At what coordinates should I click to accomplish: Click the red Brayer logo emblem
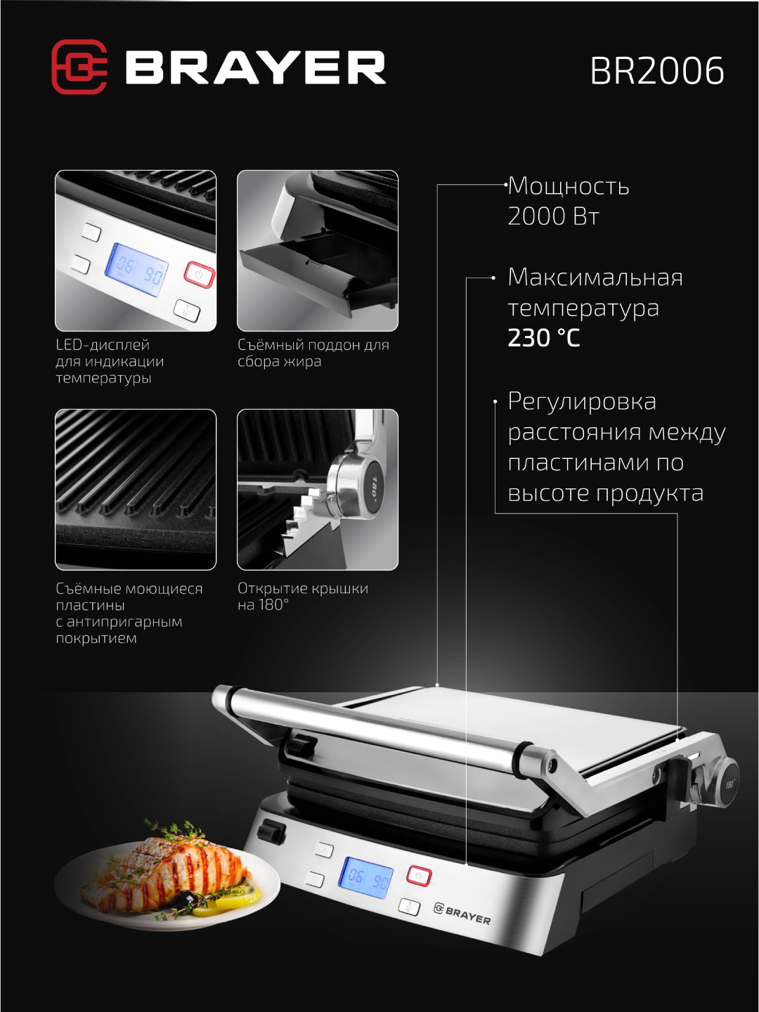[x=79, y=67]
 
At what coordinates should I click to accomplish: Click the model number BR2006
[x=656, y=71]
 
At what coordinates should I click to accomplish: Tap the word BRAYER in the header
[x=256, y=68]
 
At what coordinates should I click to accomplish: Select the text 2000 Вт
[x=553, y=216]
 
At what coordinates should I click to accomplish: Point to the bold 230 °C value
[x=544, y=338]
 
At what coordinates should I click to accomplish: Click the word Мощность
[x=569, y=186]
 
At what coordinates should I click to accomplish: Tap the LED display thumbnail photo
[x=136, y=251]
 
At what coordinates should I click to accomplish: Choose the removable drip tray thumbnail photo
[x=318, y=251]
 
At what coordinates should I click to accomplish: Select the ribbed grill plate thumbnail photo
[x=136, y=489]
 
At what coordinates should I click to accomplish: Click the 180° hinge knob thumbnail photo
[x=318, y=489]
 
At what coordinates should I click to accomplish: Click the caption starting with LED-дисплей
[x=110, y=361]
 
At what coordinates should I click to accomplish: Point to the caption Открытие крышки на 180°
[x=302, y=597]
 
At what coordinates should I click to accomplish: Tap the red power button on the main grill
[x=419, y=876]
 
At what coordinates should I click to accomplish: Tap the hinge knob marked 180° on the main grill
[x=727, y=784]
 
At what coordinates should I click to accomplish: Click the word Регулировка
[x=582, y=402]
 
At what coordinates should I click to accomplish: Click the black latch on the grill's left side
[x=272, y=831]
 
